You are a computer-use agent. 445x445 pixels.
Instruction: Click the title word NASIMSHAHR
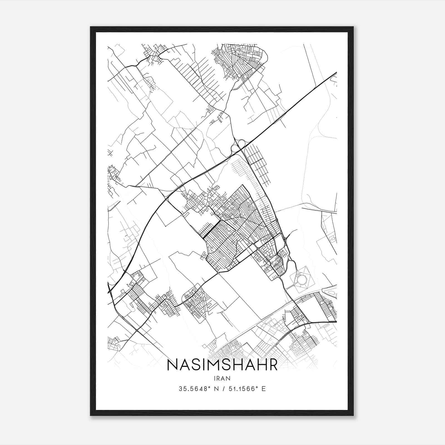coord(222,365)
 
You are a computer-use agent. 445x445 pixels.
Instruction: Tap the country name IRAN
coord(222,378)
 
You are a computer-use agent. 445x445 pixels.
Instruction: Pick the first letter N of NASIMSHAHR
coord(173,365)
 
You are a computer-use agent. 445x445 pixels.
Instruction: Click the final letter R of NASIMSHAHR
coord(273,365)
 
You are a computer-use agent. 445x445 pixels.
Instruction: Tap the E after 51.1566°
coord(264,389)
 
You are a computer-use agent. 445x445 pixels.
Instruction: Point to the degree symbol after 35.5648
coord(207,387)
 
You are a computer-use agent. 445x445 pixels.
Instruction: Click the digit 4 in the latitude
coord(200,389)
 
